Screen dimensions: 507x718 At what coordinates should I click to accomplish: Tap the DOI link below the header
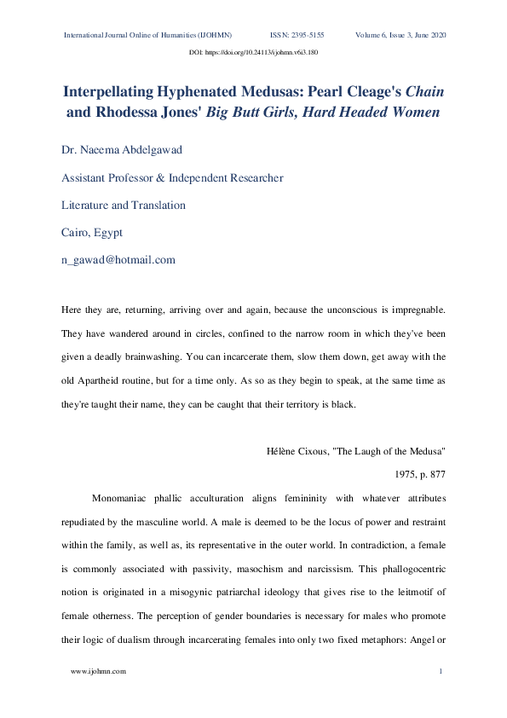[253, 53]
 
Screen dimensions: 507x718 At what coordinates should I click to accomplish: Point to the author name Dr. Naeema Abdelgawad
[121, 150]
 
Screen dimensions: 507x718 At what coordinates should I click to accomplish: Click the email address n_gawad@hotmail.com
[118, 259]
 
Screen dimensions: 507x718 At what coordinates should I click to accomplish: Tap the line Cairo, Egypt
[93, 232]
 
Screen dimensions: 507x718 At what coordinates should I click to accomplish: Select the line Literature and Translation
[124, 205]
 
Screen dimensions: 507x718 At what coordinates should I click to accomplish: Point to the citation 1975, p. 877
[416, 471]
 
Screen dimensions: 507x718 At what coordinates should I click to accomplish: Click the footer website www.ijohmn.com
[98, 671]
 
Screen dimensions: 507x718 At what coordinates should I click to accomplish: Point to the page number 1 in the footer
[441, 671]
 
